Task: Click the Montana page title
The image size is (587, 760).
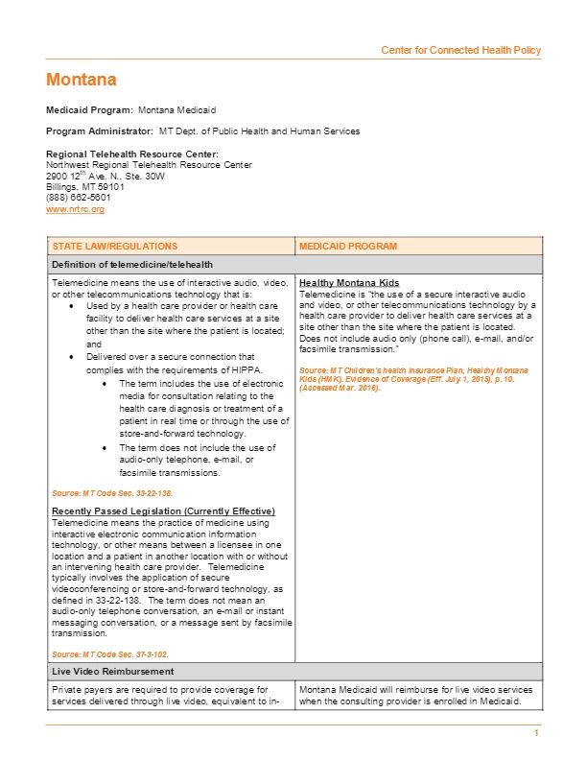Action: (x=81, y=79)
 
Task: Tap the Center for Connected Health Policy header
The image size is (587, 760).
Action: (x=460, y=50)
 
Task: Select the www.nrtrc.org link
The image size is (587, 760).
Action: (x=75, y=209)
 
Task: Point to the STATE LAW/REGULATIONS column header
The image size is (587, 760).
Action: (x=114, y=247)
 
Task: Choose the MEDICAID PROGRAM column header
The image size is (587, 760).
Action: (x=347, y=247)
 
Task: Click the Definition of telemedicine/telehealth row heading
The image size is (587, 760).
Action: (x=131, y=264)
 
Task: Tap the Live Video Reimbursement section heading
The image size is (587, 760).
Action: (x=114, y=670)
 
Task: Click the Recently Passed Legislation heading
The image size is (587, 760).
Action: (x=163, y=510)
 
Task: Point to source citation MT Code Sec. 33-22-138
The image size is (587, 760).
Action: (x=112, y=492)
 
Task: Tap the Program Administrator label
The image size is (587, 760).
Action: (x=100, y=131)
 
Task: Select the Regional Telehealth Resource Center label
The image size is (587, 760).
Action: (x=132, y=154)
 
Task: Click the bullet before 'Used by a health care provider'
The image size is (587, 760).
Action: (x=76, y=305)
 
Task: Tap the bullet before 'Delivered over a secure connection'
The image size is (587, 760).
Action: (x=76, y=356)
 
